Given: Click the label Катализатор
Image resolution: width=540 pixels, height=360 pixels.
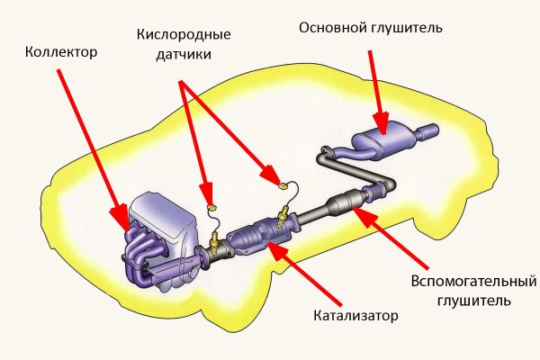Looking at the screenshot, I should point(355,316).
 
